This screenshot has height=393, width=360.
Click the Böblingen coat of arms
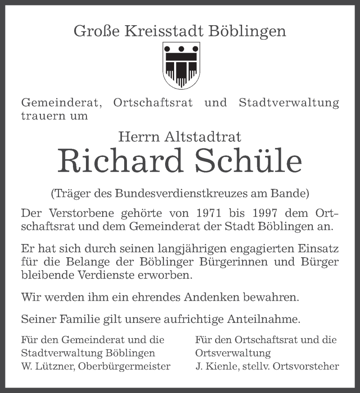181,65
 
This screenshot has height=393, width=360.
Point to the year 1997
265,213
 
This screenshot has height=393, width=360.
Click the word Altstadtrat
203,136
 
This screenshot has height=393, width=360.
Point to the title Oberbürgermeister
124,366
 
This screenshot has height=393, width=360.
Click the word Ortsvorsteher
309,366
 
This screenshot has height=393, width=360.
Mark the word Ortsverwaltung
233,353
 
